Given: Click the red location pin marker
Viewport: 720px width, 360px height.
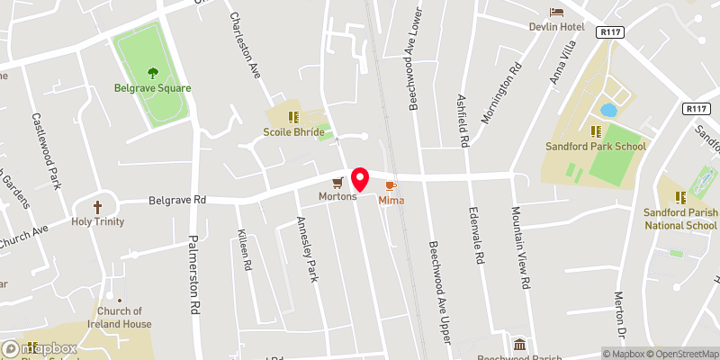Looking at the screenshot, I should pyautogui.click(x=360, y=179).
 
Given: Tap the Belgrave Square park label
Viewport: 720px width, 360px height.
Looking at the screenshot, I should pyautogui.click(x=152, y=88).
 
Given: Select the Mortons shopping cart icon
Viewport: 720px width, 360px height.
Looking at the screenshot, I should pyautogui.click(x=337, y=182).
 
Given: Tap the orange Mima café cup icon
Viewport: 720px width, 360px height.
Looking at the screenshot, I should pyautogui.click(x=390, y=184).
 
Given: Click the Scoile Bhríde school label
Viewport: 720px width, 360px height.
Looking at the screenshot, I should pyautogui.click(x=292, y=131).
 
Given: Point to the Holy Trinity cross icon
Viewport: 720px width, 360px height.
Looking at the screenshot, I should pyautogui.click(x=98, y=206).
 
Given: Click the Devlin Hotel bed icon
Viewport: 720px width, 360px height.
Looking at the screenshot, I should pyautogui.click(x=556, y=12).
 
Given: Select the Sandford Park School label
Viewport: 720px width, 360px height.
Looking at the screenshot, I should pyautogui.click(x=595, y=146).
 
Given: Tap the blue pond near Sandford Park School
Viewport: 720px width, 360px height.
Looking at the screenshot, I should pyautogui.click(x=608, y=110).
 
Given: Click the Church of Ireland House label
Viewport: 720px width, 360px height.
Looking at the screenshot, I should pyautogui.click(x=119, y=318).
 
